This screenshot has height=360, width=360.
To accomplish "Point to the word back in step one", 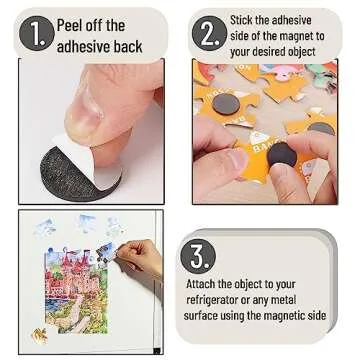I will tap(130, 45).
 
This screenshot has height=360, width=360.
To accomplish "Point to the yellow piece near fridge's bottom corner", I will tap(39, 333).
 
